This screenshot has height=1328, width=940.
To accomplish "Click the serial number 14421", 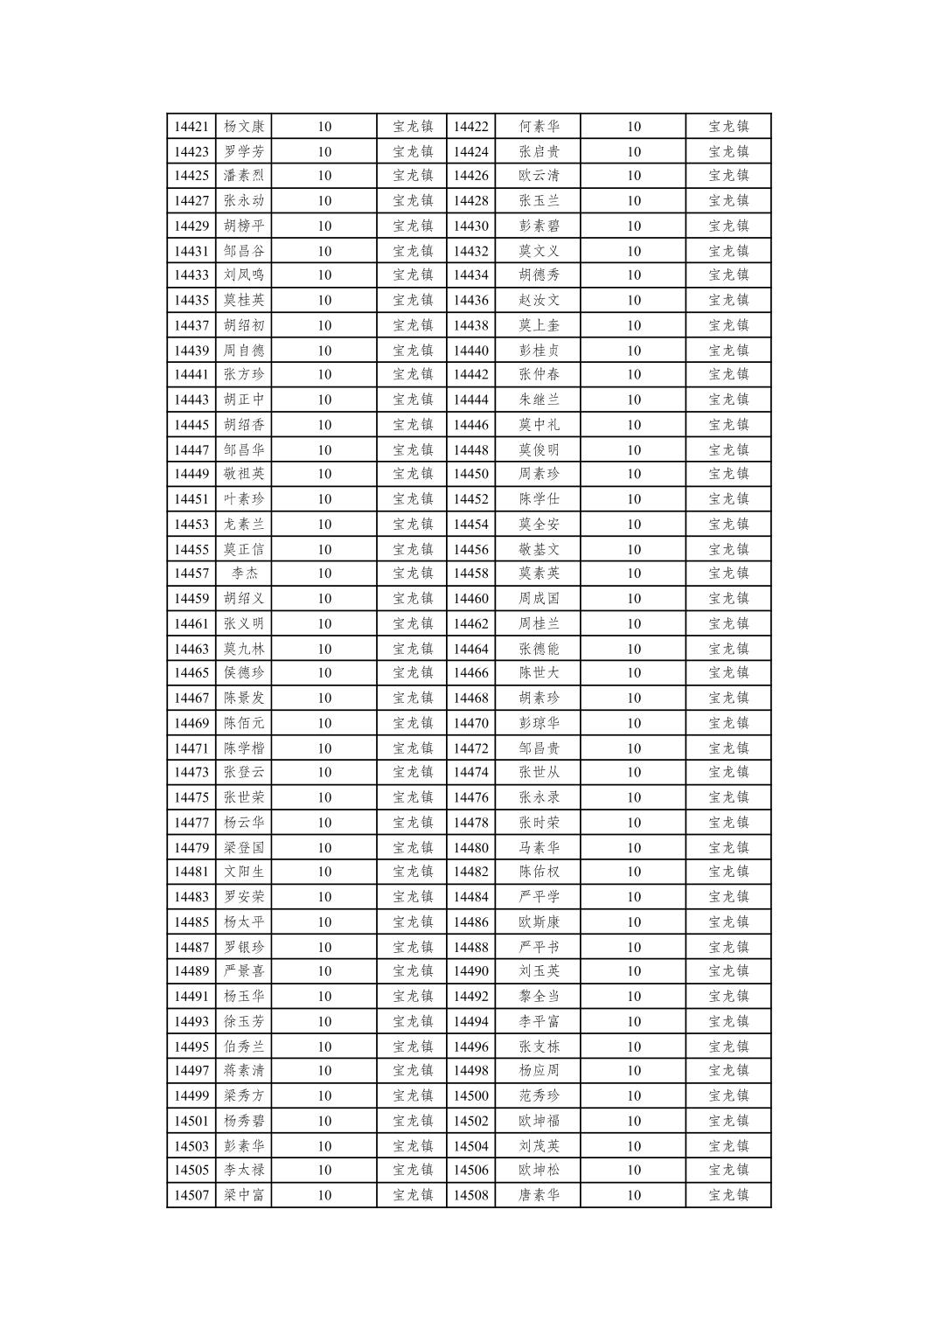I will click(191, 126).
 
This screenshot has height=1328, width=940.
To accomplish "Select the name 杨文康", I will click(243, 126).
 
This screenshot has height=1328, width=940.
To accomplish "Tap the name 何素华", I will click(539, 126).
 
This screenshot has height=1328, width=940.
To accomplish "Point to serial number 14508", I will click(470, 1195).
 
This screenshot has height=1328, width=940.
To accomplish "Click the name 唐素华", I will click(539, 1195).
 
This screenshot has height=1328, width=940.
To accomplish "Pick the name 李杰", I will click(244, 574).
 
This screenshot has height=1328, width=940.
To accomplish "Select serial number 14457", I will click(191, 574).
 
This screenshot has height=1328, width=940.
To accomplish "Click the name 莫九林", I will click(243, 649).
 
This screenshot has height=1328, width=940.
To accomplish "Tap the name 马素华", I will click(539, 847).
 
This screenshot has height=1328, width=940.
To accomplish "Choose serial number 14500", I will click(470, 1095).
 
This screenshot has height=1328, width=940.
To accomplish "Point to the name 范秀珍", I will click(539, 1095).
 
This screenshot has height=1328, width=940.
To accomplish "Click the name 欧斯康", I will click(539, 921).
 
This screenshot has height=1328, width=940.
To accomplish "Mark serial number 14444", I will click(470, 400).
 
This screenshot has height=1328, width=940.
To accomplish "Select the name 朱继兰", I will click(539, 400).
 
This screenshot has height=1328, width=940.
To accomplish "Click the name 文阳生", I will click(243, 872).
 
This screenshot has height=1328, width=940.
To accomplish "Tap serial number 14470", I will click(470, 723).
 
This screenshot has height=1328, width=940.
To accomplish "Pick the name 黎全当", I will click(539, 996).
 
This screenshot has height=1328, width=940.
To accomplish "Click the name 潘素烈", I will click(243, 175).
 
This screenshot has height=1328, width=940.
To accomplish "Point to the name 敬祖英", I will click(243, 474).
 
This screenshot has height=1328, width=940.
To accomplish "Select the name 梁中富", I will click(243, 1195).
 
